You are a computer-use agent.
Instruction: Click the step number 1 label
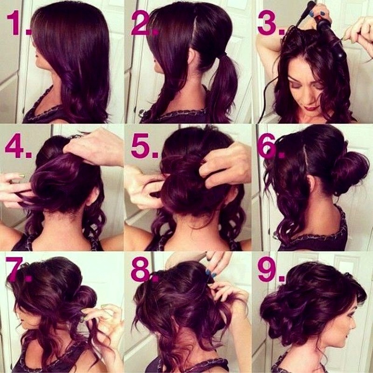[x=19, y=23]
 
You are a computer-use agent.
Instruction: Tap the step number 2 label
[x=145, y=23]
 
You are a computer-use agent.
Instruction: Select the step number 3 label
[x=271, y=23]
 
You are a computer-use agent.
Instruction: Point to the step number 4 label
[x=18, y=145]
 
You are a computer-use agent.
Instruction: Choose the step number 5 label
[x=145, y=145]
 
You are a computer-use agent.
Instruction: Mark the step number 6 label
[x=271, y=145]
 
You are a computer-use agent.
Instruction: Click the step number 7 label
[x=19, y=269]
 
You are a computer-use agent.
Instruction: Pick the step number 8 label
[x=145, y=269]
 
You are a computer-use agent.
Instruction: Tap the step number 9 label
[x=271, y=269]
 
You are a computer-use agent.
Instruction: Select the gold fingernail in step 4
[x=21, y=176]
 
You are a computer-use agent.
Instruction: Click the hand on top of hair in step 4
[x=94, y=147]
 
